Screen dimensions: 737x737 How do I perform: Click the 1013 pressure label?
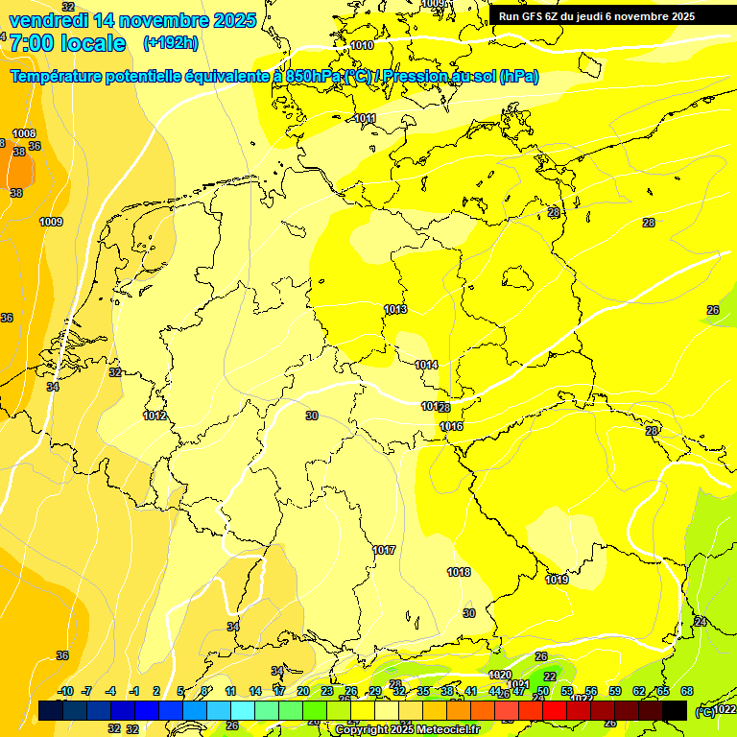(x=395, y=309)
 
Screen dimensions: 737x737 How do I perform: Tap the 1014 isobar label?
(x=426, y=365)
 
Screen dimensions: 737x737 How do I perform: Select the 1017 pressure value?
(x=385, y=550)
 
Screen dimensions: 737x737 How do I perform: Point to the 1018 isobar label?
(x=459, y=572)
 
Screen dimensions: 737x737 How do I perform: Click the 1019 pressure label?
(x=557, y=580)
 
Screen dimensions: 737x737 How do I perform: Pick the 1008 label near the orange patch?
(x=24, y=133)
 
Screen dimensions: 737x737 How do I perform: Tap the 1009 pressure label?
(x=51, y=222)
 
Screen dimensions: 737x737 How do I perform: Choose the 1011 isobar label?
(x=365, y=118)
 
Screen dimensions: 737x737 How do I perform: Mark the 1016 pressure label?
(x=452, y=426)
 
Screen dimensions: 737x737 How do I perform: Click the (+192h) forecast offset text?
(x=171, y=42)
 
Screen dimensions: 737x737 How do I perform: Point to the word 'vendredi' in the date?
(x=48, y=20)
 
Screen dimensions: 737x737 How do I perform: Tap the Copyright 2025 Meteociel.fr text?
(x=407, y=729)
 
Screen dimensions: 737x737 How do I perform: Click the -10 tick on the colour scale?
(x=65, y=691)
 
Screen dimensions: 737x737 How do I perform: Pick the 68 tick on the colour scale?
(x=687, y=691)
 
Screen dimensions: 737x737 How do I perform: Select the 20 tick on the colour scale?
(x=302, y=691)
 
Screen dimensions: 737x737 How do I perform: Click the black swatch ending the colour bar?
(x=675, y=710)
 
